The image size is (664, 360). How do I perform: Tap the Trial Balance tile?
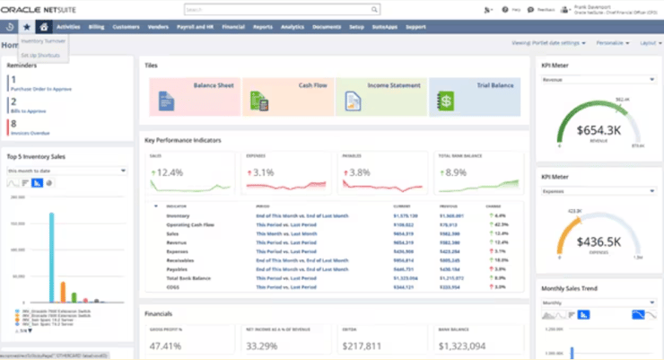(474, 96)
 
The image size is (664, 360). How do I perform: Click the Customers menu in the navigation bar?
(126, 27)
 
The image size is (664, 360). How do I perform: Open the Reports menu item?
(263, 27)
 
